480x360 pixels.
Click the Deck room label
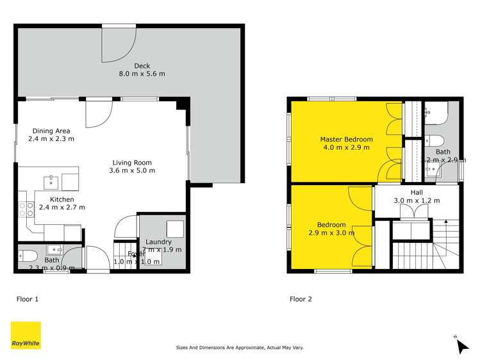141,65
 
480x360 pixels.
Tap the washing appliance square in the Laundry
174,229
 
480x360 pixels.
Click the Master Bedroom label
347,139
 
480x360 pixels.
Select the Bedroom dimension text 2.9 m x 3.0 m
332,233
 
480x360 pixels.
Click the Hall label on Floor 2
417,192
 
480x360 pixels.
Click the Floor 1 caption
28,299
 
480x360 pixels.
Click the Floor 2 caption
301,299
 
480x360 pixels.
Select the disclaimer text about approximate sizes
240,348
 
